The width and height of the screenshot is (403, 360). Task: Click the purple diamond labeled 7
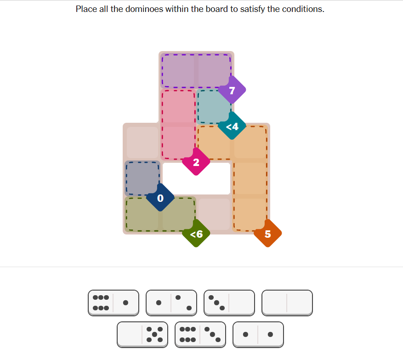(x=232, y=90)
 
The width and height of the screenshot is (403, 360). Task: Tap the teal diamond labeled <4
(x=232, y=126)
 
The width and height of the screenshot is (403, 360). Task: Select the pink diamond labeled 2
(x=196, y=162)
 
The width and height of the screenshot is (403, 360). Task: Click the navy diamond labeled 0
(x=160, y=198)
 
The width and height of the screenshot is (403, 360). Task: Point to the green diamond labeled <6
(x=196, y=234)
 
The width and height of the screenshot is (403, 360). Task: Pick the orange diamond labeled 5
(x=267, y=234)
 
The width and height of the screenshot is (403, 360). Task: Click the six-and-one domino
(x=114, y=303)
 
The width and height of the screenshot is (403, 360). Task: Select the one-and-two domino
(x=171, y=303)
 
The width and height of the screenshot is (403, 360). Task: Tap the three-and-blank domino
(x=229, y=303)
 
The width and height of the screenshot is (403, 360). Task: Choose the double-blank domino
(x=287, y=303)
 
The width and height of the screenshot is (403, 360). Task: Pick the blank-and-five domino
(x=142, y=335)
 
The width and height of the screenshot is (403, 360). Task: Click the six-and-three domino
(x=200, y=335)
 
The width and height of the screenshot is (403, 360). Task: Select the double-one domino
(x=258, y=335)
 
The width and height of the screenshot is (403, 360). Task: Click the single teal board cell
(x=214, y=107)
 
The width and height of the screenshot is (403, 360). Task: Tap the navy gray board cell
(x=142, y=178)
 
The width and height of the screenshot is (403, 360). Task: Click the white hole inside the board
(x=196, y=178)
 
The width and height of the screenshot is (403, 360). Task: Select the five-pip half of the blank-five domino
(x=155, y=335)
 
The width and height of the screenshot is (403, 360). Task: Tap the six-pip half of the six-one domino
(x=101, y=303)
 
